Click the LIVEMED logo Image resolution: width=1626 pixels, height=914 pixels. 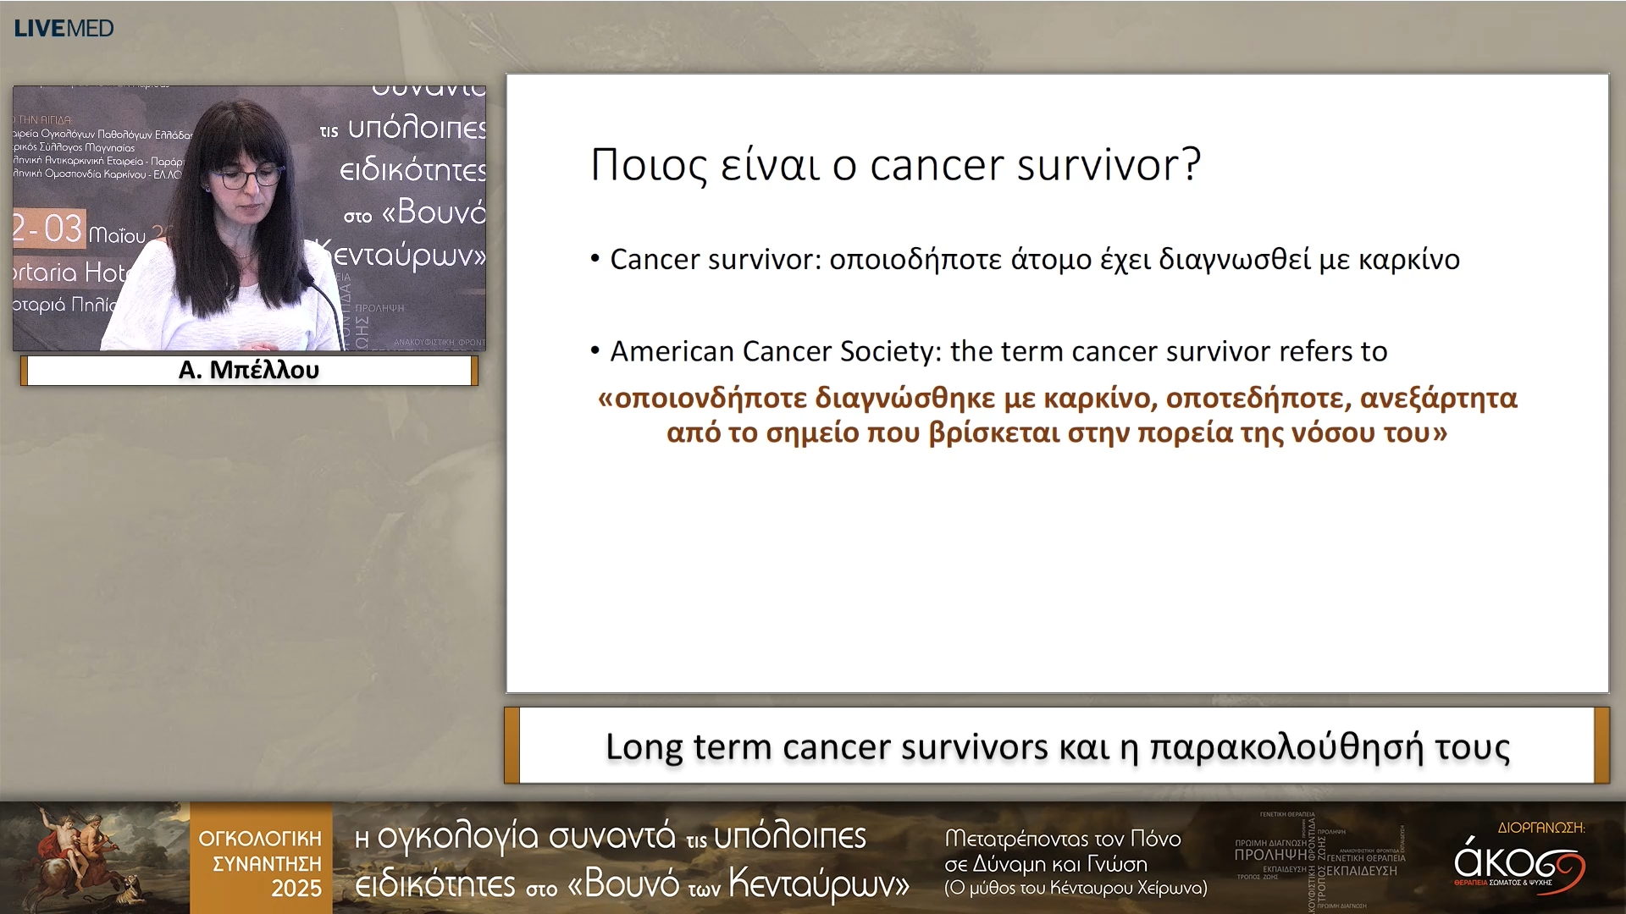click(64, 28)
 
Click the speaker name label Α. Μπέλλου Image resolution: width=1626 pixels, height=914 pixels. click(248, 371)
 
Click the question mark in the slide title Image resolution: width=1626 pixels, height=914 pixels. click(1191, 164)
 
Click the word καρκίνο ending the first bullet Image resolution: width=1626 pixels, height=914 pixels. click(1409, 260)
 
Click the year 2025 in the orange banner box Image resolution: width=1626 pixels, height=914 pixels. click(296, 889)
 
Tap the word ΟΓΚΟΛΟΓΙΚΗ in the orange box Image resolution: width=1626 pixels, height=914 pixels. click(260, 839)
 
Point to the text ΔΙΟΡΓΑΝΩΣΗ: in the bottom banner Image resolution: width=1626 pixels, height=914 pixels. click(1540, 827)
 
